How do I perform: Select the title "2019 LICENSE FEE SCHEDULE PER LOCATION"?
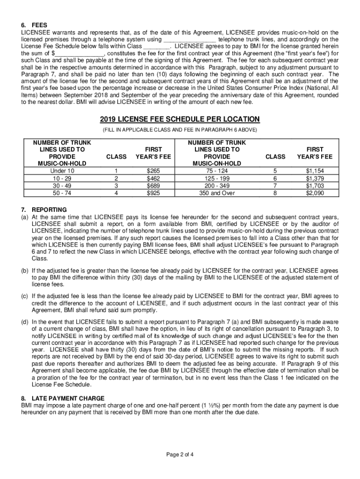(180, 119)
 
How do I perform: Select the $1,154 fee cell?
(315, 171)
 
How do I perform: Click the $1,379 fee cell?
(315, 178)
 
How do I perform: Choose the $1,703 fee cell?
(315, 185)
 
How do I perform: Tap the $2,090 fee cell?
(315, 192)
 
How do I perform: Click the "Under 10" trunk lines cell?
(59, 171)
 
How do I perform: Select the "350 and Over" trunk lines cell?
(216, 192)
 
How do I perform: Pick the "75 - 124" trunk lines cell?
(216, 171)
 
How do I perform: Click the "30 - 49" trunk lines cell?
(59, 185)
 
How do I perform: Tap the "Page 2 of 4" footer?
(180, 455)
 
